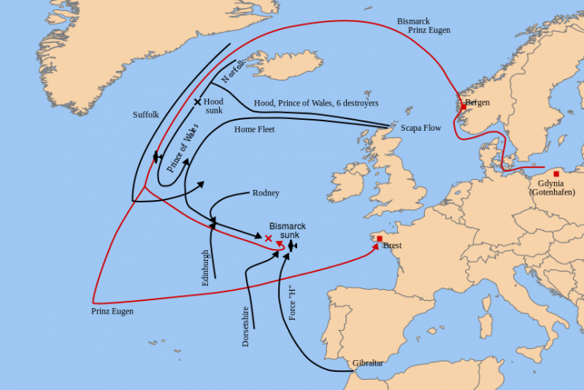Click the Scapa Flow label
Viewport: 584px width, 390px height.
[x=421, y=128]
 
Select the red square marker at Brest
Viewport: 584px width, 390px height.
[x=380, y=238]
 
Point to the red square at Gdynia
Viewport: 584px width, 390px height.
[x=556, y=173]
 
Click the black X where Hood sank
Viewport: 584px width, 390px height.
[x=198, y=102]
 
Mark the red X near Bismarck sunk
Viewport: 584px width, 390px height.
[x=269, y=238]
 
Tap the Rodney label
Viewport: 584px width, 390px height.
[x=266, y=193]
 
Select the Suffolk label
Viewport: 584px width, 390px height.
[x=146, y=115]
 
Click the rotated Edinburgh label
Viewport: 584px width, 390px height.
[x=206, y=267]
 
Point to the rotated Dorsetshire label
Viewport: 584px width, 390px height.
[x=246, y=326]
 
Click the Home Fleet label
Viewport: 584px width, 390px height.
[x=255, y=129]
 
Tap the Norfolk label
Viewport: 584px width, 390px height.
[x=232, y=69]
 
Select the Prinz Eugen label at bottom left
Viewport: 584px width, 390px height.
[x=112, y=311]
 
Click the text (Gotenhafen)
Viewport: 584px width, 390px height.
[x=552, y=193]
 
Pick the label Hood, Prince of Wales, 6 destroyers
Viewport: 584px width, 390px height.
[x=316, y=103]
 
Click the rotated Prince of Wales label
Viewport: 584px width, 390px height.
[x=183, y=145]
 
